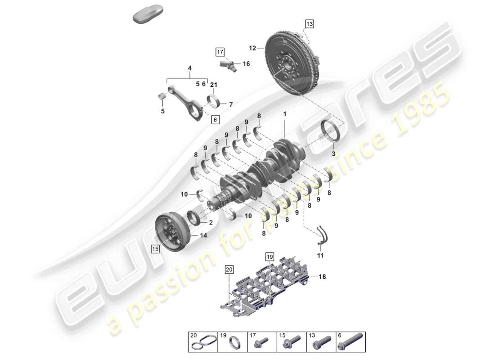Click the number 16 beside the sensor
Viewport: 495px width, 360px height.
(x=246, y=64)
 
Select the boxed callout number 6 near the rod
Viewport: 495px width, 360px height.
(x=215, y=120)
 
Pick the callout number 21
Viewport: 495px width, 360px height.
(x=214, y=85)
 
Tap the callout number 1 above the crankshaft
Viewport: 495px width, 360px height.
(x=284, y=115)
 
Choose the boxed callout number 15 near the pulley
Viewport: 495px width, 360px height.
(x=155, y=248)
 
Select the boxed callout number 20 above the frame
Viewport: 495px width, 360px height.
(x=229, y=270)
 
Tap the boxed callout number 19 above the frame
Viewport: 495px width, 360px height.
(x=269, y=257)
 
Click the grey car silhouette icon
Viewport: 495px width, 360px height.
(x=148, y=13)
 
